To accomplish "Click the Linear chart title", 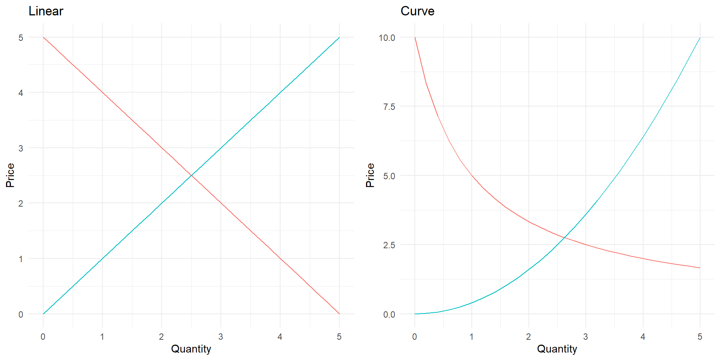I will (x=46, y=11).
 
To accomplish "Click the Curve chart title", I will (x=417, y=11).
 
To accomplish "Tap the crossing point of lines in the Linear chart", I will (x=191, y=175).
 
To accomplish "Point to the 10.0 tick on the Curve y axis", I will (x=387, y=37).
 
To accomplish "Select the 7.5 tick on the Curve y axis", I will (x=389, y=107).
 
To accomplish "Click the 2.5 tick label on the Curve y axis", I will (x=389, y=245).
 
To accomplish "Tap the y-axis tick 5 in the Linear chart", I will (x=21, y=37).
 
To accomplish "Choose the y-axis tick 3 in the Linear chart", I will (x=21, y=148).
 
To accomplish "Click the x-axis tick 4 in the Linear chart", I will (x=280, y=337).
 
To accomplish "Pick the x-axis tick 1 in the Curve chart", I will (x=471, y=337).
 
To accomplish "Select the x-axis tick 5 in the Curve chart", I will (x=700, y=337).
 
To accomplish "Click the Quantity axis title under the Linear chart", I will (x=191, y=349).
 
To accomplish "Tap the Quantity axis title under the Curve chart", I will (x=557, y=349).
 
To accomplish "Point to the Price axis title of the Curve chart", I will (x=370, y=175).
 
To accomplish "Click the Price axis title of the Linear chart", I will (x=10, y=175).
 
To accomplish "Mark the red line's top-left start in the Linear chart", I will (x=43, y=37).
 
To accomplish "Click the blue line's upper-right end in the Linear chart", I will (x=339, y=37).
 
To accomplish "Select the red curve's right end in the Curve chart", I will (x=700, y=268).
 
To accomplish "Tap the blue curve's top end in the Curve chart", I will (x=700, y=37).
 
